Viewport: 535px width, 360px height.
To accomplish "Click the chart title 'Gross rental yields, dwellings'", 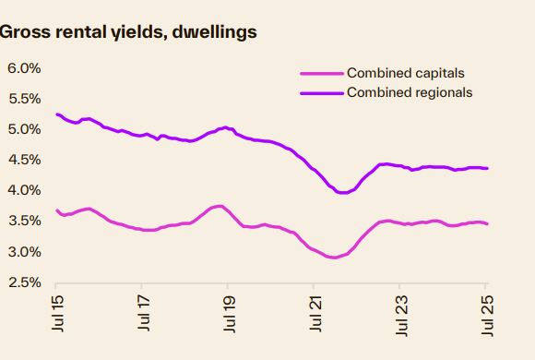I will point(127,32).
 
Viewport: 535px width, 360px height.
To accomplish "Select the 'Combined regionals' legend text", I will point(409,92).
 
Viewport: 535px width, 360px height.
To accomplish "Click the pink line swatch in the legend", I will point(322,74).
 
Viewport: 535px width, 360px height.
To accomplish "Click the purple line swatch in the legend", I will point(322,93).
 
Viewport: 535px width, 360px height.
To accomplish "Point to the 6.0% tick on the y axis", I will point(24,68).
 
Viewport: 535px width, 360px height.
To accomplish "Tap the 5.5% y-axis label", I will point(24,99).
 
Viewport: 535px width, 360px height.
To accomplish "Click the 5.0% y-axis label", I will point(24,129).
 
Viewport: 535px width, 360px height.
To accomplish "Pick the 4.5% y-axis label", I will point(24,160).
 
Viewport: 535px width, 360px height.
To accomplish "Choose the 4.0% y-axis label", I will point(24,190).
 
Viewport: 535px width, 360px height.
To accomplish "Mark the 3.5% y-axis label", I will point(24,221).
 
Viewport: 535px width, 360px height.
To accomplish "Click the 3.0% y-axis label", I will point(24,251).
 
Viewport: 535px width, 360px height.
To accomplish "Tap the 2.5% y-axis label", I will point(24,282).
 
